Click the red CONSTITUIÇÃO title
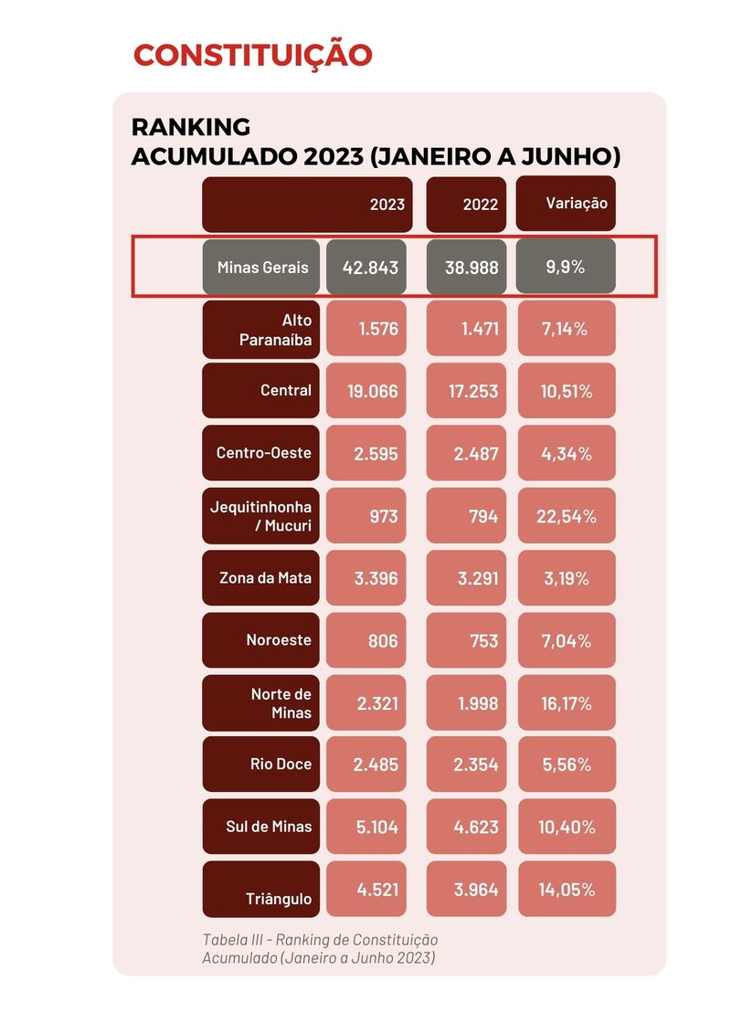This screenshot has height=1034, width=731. pos(253,56)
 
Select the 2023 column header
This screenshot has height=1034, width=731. pos(307,204)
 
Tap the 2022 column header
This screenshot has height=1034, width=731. pos(466,204)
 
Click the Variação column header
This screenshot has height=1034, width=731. pos(566,203)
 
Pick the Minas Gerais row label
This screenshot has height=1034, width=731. pos(261,267)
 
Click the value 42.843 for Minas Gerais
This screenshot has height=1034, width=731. pos(366,267)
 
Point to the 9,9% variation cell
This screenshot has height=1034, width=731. pos(566,266)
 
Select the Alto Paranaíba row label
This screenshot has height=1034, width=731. pos(261,330)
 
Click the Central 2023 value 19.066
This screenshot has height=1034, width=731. pos(366,390)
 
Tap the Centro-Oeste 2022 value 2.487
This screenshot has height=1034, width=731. pos(466,453)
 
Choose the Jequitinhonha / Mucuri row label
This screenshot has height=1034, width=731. pos(261,516)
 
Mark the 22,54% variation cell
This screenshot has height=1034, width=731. pos(567,516)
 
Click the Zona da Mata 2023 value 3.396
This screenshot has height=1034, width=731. pos(366,577)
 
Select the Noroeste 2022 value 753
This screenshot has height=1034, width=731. pos(466,640)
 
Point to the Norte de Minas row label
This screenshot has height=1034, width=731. pos(261,703)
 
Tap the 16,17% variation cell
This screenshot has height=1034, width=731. pos(567,703)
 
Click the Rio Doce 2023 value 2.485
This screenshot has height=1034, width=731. pos(366,765)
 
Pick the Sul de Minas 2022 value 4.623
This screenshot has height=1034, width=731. pos(466,827)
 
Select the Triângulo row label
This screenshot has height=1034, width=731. pos(261,890)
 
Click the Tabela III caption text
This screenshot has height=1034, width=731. pos(320,948)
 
